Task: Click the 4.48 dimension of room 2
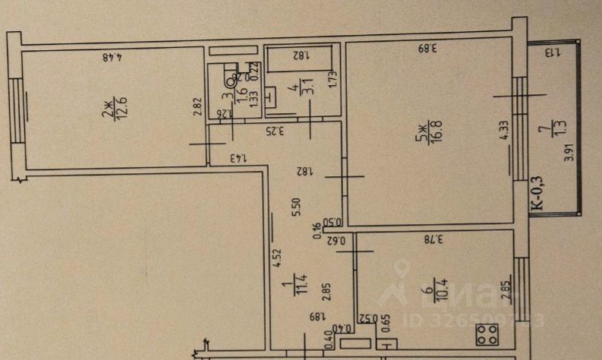114,55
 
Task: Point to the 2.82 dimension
198,107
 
